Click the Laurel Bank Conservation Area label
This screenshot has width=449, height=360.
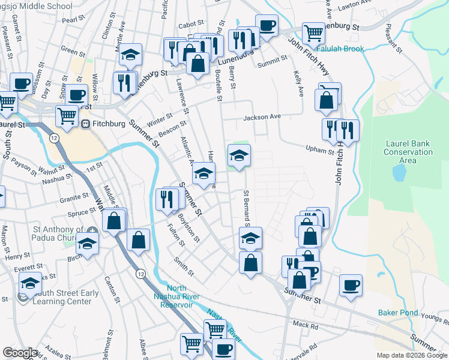pos(408,152)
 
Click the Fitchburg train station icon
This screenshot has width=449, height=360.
pos(86,124)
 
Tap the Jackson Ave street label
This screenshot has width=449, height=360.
pos(262,117)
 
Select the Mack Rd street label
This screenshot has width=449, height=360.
pos(306,326)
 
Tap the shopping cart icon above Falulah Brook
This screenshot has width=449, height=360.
pos(313,32)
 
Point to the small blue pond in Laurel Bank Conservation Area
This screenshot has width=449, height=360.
pos(397,173)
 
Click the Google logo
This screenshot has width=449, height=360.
pos(20,353)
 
